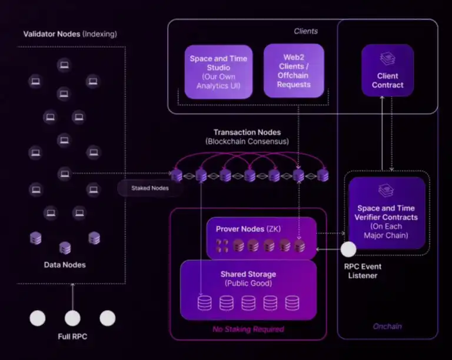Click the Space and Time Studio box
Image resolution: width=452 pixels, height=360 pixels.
point(218,72)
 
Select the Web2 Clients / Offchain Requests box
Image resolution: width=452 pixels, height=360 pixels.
point(294,71)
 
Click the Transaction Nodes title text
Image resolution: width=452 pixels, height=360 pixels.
point(247,132)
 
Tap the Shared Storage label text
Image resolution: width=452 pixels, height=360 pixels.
point(248,274)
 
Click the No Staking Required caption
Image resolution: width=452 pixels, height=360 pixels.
point(248,329)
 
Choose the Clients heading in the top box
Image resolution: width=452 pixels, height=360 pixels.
point(305,31)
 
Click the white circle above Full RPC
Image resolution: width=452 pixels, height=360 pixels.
point(72,318)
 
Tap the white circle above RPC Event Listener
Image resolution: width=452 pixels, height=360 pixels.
point(348,249)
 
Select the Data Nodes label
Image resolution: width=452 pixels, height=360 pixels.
point(65,265)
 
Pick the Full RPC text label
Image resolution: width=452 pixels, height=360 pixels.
point(72,337)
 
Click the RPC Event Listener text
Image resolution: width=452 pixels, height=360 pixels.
point(363,271)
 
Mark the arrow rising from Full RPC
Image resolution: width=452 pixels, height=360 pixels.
point(72,296)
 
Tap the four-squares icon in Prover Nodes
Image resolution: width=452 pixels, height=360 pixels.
point(222,245)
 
